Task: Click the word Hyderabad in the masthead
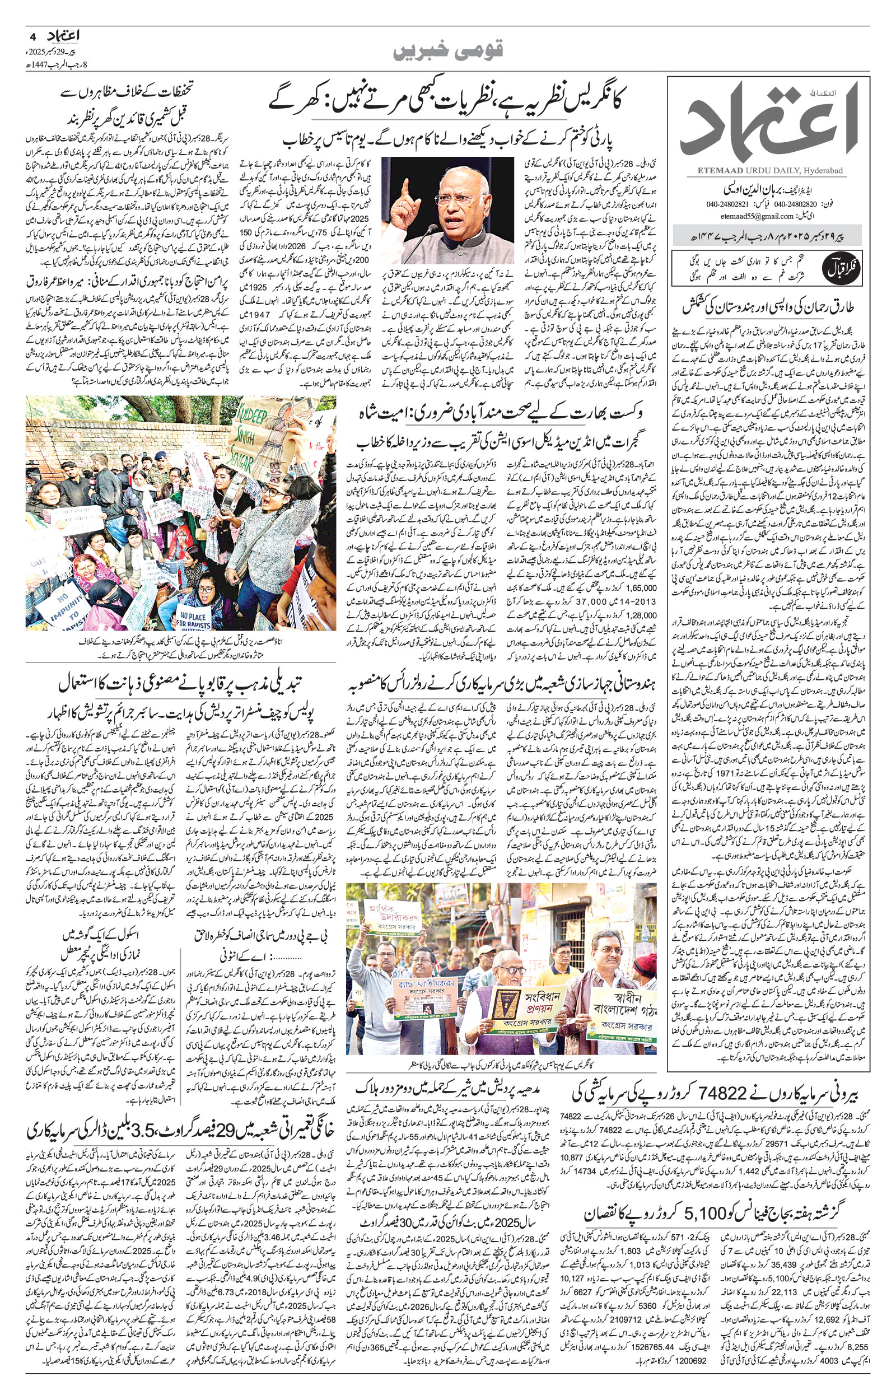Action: [825, 169]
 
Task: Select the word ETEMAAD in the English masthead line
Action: [709, 169]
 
